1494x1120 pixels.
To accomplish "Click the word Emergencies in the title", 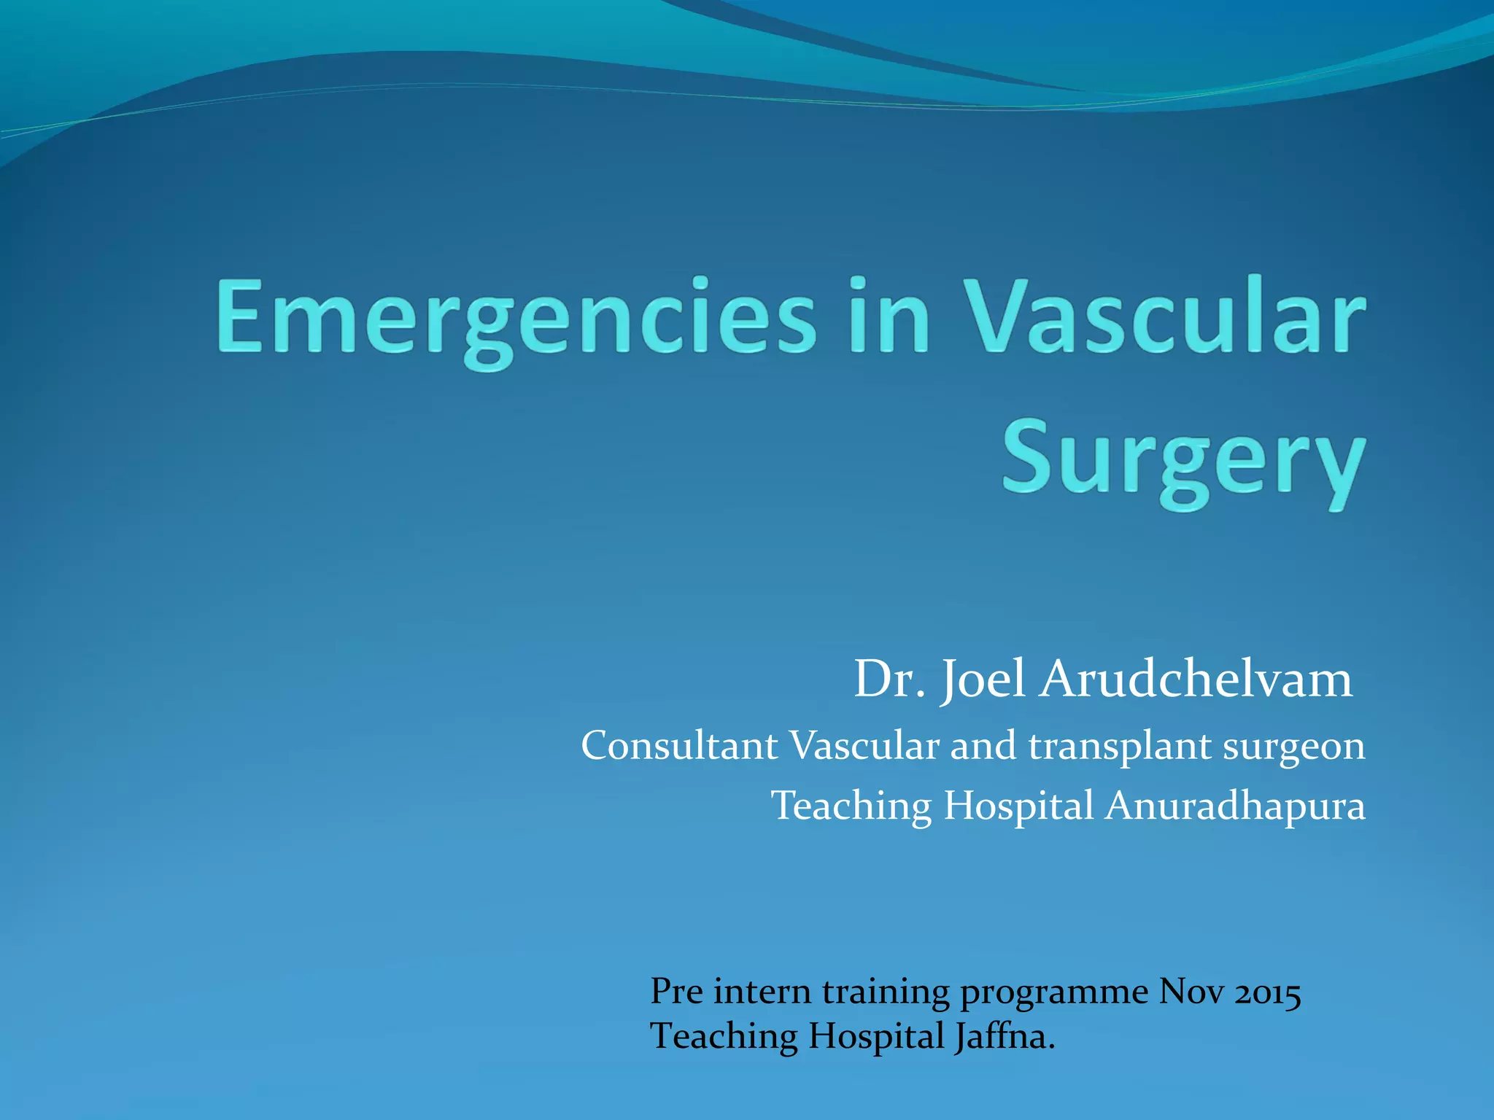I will [x=515, y=318].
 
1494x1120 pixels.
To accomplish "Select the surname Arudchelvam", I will [x=1196, y=680].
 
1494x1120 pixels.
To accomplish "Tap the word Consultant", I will [x=679, y=747].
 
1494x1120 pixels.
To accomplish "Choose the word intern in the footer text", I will [x=762, y=992].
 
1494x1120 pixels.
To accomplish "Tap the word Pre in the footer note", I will [x=676, y=992].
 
